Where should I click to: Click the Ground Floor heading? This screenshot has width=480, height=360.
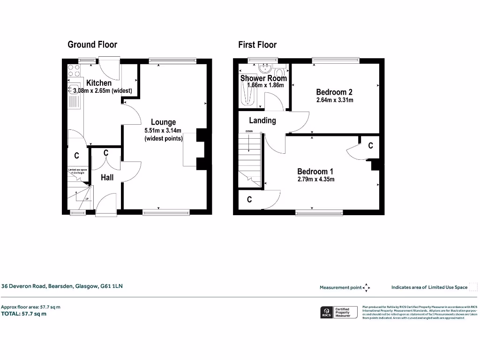(92, 45)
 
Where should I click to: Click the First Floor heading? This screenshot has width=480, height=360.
(257, 45)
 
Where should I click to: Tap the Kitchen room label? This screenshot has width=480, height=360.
(99, 83)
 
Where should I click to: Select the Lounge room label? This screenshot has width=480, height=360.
(163, 122)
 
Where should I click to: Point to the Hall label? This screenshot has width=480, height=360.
(107, 177)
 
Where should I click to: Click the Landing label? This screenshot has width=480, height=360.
(262, 120)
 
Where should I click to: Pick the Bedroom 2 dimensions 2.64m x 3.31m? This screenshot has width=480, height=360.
(334, 100)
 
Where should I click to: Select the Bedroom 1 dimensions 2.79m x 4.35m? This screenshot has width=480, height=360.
(315, 179)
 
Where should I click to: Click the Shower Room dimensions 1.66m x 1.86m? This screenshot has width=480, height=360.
(265, 85)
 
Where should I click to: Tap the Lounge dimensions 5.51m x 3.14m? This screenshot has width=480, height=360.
(163, 131)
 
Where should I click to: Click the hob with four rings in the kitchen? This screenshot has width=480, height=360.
(74, 70)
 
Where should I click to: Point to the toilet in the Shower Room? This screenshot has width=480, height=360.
(280, 73)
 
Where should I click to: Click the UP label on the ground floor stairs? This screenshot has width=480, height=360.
(87, 199)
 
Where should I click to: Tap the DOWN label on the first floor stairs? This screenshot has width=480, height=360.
(249, 131)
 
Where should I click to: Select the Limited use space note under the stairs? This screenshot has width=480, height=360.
(78, 172)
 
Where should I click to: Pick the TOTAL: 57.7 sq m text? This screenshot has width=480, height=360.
(23, 314)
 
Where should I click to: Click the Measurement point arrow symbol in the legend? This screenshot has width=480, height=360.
(367, 287)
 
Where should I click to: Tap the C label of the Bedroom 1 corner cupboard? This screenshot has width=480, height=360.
(370, 146)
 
